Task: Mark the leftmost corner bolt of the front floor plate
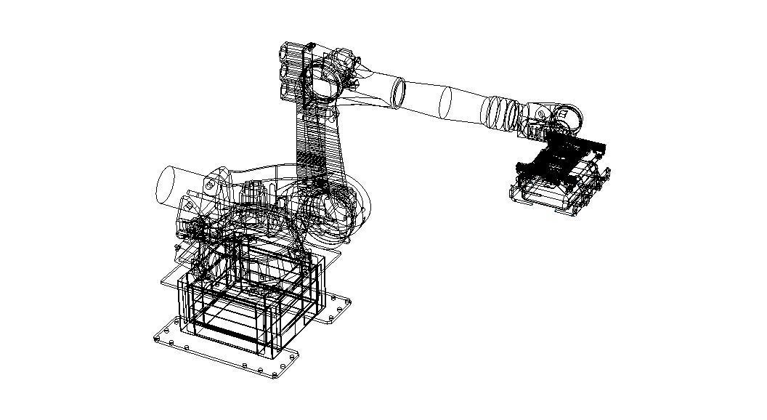tap(158, 339)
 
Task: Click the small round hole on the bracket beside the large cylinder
tap(209, 186)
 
